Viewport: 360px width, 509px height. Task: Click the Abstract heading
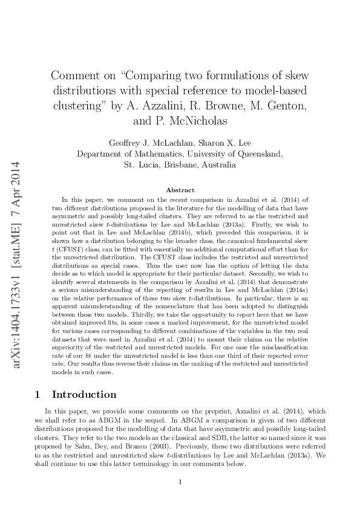tap(180, 189)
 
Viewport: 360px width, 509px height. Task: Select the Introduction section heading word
tap(84, 378)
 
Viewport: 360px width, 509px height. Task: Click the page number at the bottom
tap(180, 482)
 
